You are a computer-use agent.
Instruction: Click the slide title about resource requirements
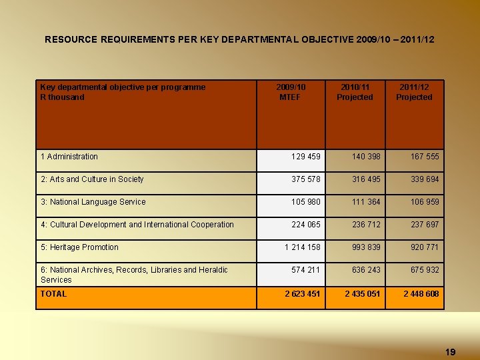click(x=239, y=40)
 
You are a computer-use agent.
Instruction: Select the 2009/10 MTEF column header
click(x=291, y=92)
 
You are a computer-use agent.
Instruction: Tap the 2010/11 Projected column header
click(x=355, y=92)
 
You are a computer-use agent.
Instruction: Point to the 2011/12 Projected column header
click(x=414, y=92)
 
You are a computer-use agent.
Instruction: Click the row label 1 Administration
click(x=69, y=157)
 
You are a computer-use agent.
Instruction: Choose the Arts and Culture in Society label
click(x=92, y=179)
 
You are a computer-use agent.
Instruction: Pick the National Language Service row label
click(x=93, y=202)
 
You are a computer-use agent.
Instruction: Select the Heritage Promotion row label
click(x=79, y=247)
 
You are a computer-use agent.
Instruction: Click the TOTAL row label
click(x=53, y=294)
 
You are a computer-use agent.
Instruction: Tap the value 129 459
click(x=306, y=157)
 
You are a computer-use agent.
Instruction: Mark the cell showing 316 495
click(x=367, y=179)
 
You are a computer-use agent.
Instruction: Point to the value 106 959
click(x=425, y=202)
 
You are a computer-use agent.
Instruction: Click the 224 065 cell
click(x=306, y=225)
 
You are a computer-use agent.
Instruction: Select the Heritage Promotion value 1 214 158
click(x=302, y=247)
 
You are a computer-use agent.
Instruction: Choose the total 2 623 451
click(x=302, y=294)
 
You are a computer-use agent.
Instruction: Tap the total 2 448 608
click(x=421, y=294)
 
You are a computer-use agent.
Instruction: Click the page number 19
click(x=450, y=351)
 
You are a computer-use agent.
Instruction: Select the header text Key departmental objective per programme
click(x=123, y=87)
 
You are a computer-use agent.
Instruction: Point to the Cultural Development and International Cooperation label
click(x=137, y=225)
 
